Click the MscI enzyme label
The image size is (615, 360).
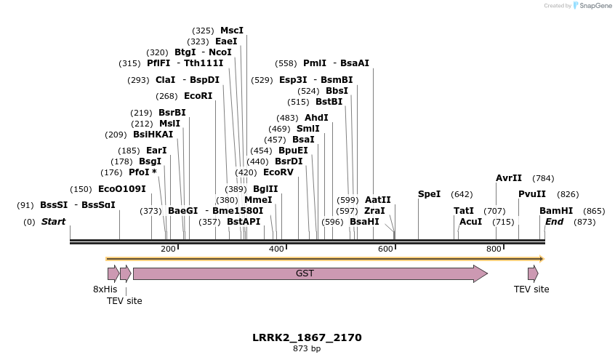click(x=232, y=31)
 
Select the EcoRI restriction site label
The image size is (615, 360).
click(x=198, y=96)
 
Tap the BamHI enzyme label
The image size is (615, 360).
click(x=556, y=211)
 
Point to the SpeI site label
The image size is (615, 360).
click(x=429, y=194)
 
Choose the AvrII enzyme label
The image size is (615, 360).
click(x=509, y=178)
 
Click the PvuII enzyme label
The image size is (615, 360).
click(x=532, y=194)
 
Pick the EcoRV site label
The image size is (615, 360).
click(x=278, y=172)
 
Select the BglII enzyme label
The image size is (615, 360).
click(x=265, y=188)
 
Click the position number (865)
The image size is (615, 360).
click(x=595, y=211)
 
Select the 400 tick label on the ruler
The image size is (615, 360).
click(x=276, y=249)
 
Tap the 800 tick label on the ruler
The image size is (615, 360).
click(x=494, y=249)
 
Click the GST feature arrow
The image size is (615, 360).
click(x=305, y=273)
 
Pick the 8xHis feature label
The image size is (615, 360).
click(x=105, y=289)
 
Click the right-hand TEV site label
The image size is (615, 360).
click(x=531, y=289)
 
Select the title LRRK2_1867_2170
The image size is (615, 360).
click(x=307, y=337)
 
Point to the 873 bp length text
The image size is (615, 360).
click(x=307, y=349)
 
